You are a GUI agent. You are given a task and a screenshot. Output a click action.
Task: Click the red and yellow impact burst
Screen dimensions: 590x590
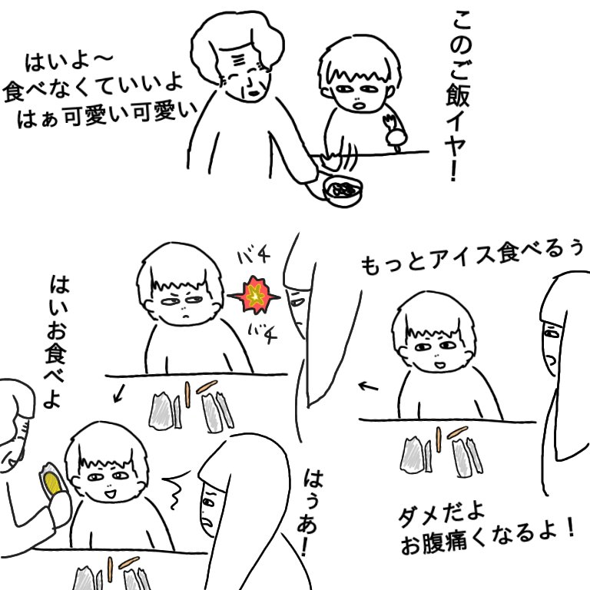(254, 295)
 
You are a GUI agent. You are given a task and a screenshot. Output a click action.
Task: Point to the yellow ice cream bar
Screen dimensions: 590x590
(52, 483)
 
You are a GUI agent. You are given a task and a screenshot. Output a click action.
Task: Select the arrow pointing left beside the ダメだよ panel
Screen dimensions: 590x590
(368, 386)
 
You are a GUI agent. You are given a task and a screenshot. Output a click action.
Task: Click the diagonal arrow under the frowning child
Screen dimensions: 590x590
(119, 393)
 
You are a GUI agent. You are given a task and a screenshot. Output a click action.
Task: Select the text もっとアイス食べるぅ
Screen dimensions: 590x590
(472, 257)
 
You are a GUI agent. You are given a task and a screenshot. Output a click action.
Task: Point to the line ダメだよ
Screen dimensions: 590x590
(441, 514)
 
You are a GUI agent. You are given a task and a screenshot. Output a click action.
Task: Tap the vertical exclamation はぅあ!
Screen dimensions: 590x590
(311, 512)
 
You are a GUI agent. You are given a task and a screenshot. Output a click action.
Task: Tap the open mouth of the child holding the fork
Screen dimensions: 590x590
(359, 104)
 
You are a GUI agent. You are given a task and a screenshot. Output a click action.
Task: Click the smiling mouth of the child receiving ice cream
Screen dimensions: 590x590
(110, 493)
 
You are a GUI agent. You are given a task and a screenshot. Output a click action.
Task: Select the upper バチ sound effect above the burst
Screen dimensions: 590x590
(254, 256)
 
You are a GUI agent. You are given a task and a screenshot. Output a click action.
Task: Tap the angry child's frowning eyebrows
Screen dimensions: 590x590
(183, 294)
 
